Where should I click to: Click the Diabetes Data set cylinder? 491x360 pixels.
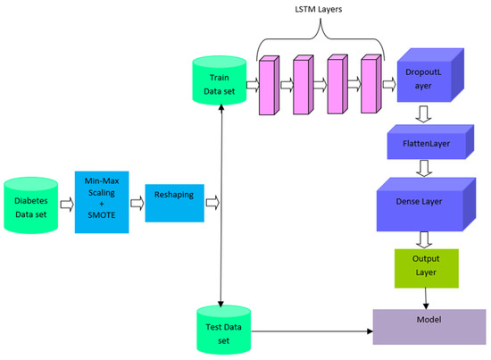[x=34, y=206]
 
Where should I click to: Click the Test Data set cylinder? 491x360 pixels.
[x=221, y=329]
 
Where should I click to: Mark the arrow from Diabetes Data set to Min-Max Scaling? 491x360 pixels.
[x=65, y=202]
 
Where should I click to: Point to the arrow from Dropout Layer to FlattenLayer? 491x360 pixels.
[x=425, y=113]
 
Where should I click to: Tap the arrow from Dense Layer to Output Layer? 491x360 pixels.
[x=425, y=238]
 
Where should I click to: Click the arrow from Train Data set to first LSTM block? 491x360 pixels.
[x=252, y=86]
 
